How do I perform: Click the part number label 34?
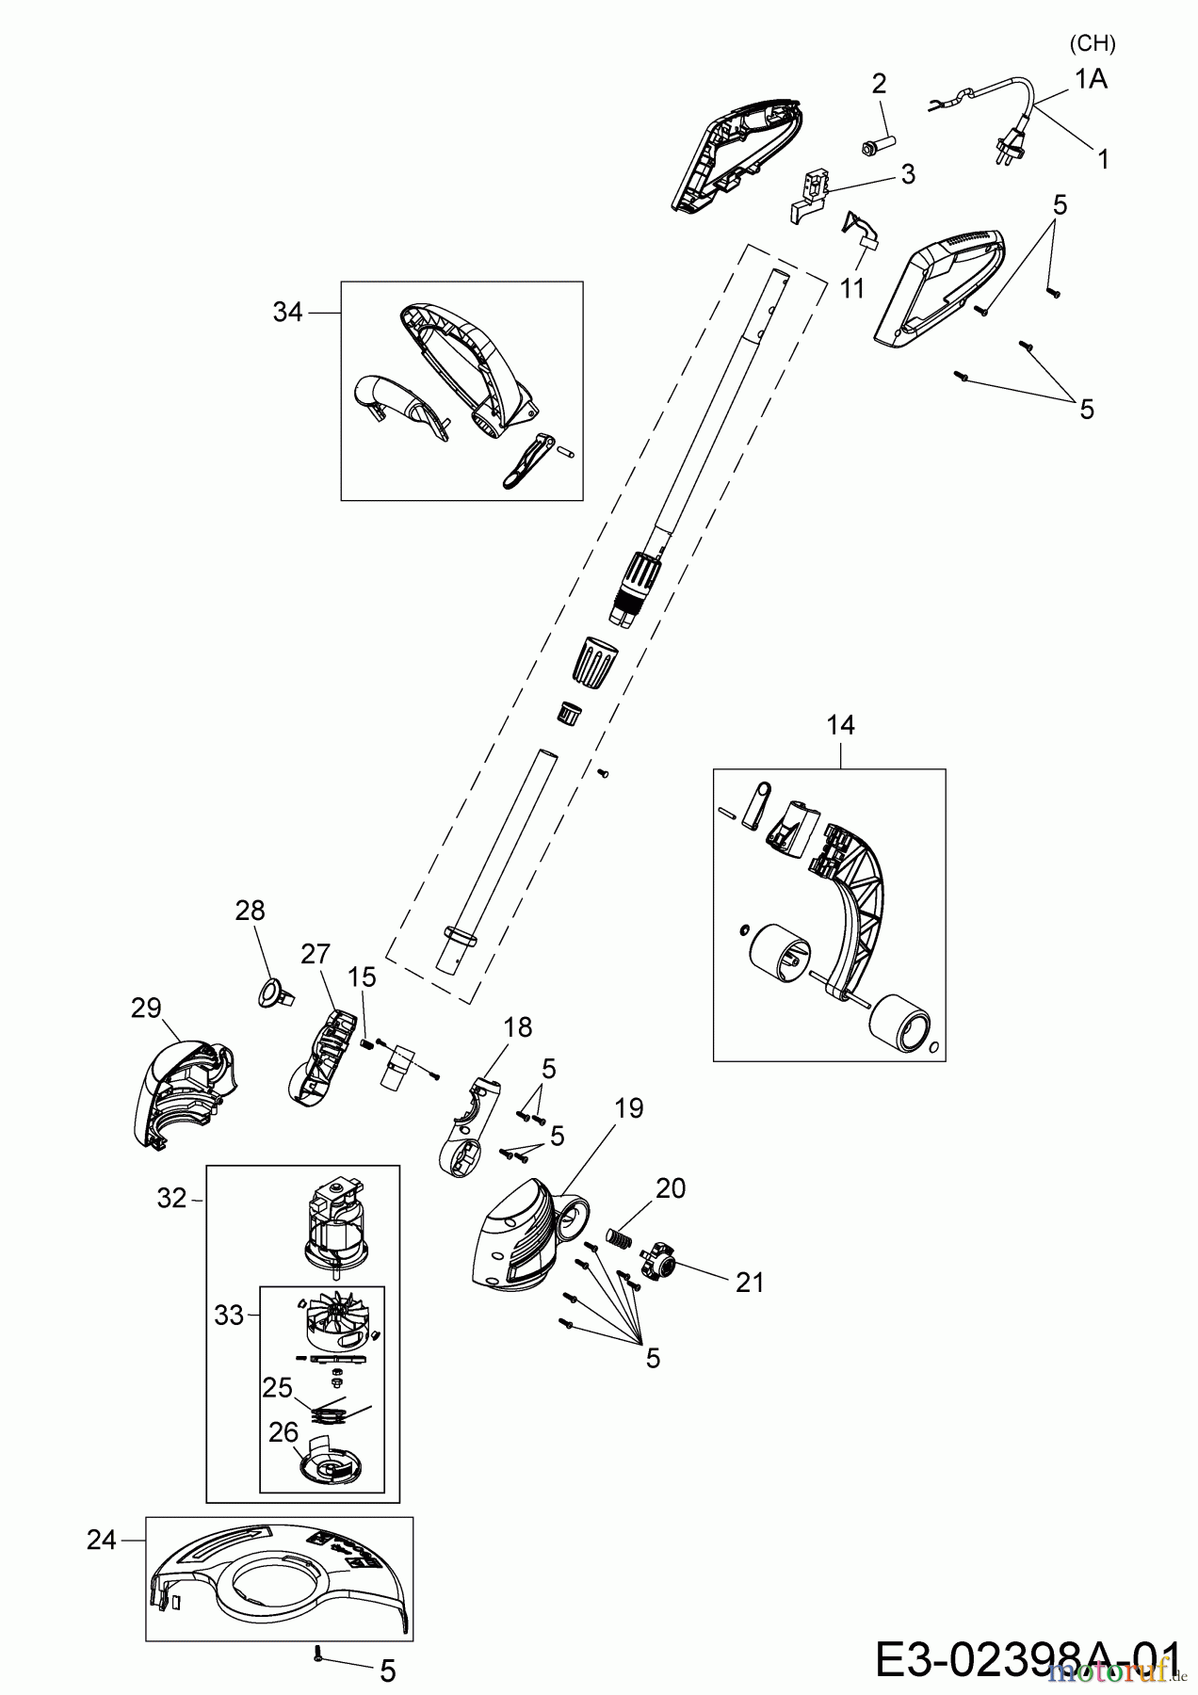pos(288,312)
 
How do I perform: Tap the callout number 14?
pos(841,725)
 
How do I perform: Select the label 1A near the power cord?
pos(1091,80)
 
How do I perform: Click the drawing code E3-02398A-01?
pos(1027,1658)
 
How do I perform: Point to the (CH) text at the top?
pos(1093,44)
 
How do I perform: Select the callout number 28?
pos(251,911)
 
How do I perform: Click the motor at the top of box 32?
pos(336,1222)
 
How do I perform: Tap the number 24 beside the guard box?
pos(101,1540)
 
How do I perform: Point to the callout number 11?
pos(852,288)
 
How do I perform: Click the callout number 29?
pos(146,1009)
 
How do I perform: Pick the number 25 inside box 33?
pos(278,1387)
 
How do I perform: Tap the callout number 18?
pos(518,1026)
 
